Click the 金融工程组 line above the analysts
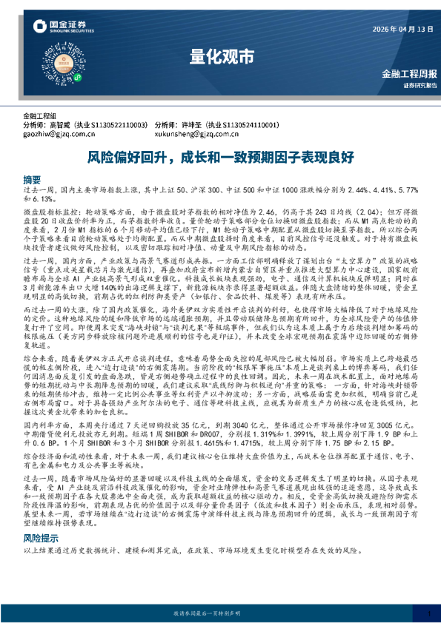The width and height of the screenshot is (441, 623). point(39,116)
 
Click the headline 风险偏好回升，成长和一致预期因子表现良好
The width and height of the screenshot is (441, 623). point(220,157)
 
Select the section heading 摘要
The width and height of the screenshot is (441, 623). point(32,180)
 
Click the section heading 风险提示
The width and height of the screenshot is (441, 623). point(38,561)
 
